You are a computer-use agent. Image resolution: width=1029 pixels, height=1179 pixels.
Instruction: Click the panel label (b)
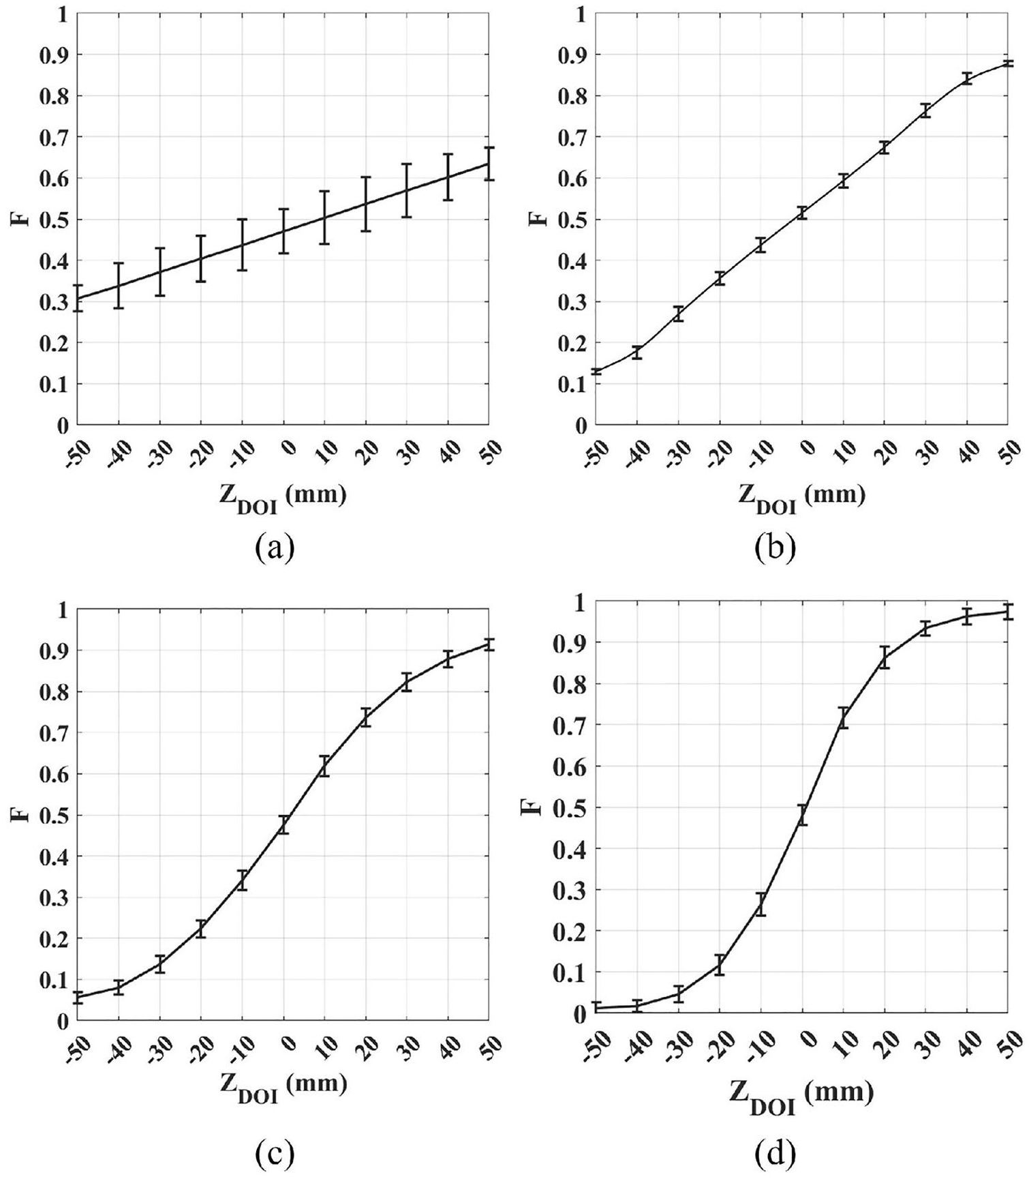click(x=775, y=548)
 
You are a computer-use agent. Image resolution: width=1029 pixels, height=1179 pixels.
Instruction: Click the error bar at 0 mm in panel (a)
click(x=283, y=231)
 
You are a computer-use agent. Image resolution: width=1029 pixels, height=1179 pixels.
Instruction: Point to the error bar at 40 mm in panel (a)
click(x=448, y=177)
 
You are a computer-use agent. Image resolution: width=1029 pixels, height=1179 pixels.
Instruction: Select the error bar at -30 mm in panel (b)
click(x=678, y=314)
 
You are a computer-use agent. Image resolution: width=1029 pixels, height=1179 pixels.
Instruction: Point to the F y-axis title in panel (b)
click(x=538, y=219)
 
